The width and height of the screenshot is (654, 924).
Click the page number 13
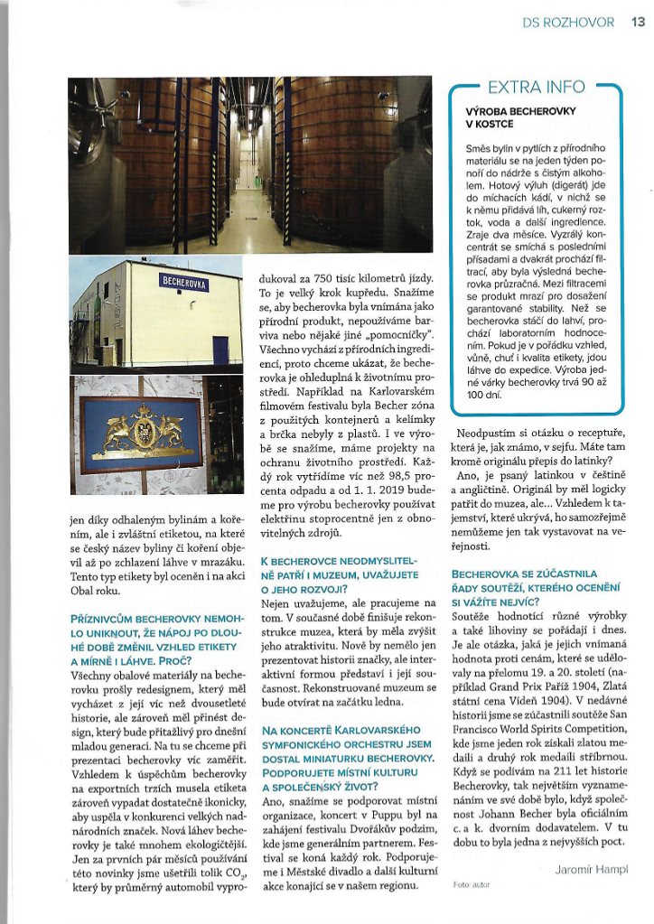click(637, 22)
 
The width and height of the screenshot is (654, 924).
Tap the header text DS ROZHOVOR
click(568, 23)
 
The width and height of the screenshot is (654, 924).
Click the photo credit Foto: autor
click(471, 884)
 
